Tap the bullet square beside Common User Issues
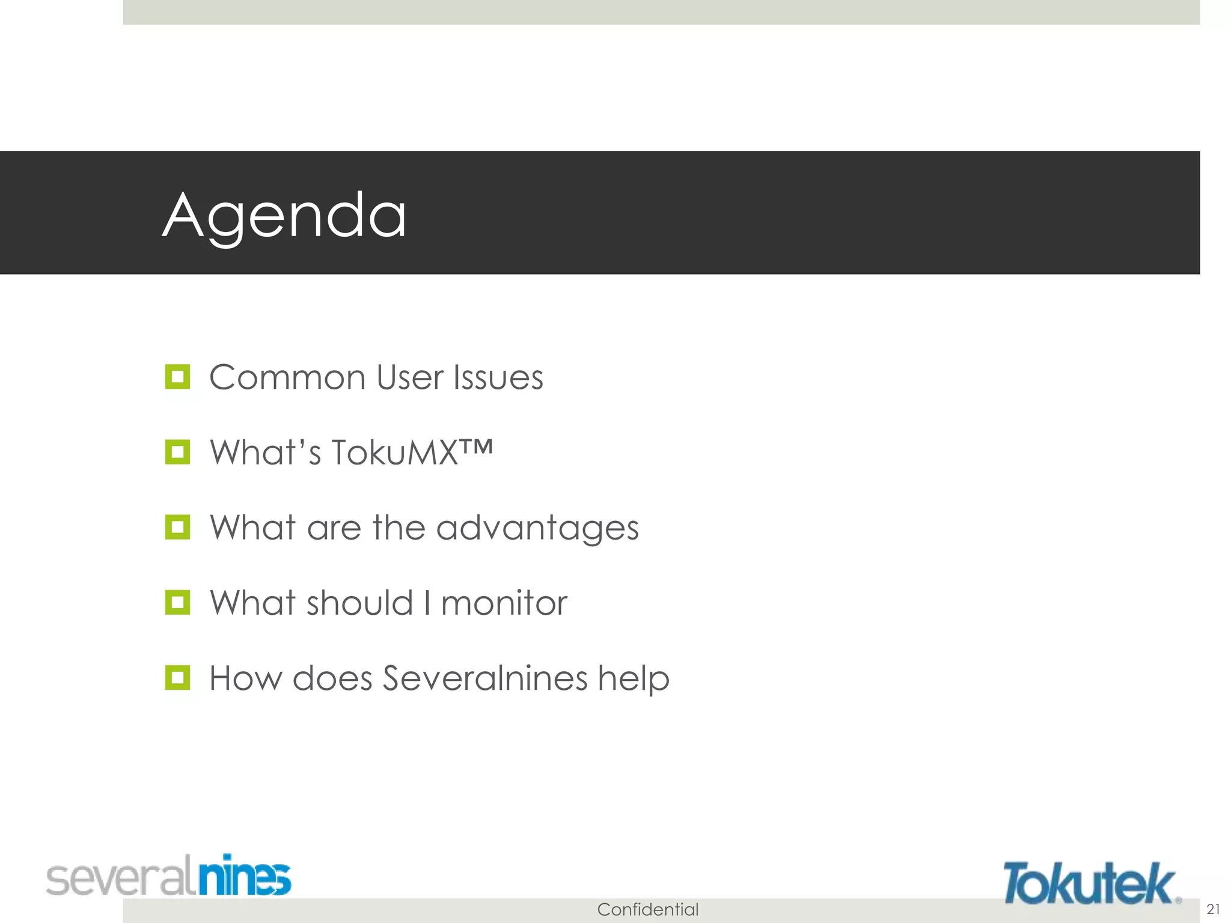[177, 377]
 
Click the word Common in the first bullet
[287, 378]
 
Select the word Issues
[498, 378]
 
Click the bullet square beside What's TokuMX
[177, 452]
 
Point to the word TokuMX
[395, 452]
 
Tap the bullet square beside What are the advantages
[177, 527]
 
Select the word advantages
[537, 529]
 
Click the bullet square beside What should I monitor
[177, 602]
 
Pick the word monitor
[504, 603]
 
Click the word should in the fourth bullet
[359, 603]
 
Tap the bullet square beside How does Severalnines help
[177, 677]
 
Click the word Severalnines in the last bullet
[485, 678]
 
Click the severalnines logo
[168, 876]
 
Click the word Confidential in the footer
[647, 909]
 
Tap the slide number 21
[1213, 909]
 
